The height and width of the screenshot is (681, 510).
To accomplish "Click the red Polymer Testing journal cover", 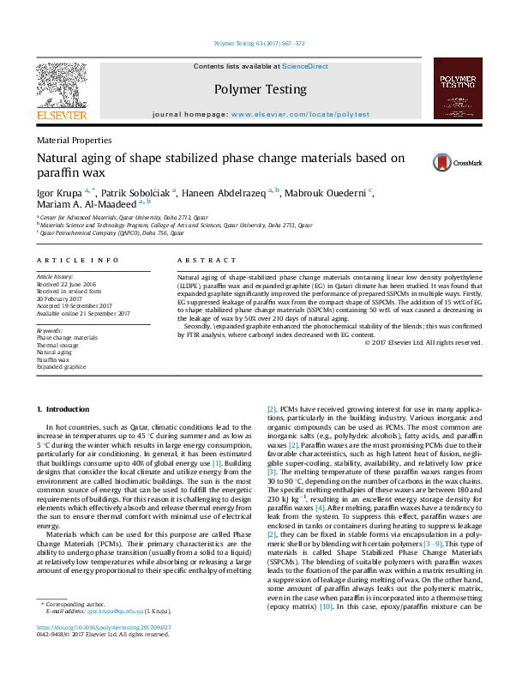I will coord(458,87).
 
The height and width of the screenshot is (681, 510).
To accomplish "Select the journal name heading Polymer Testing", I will coord(260,89).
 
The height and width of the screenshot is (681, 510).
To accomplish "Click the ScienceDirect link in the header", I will coord(306,66).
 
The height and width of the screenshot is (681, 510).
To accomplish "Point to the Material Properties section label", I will coord(74,139).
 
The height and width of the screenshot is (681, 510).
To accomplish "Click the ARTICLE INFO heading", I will coord(78,260).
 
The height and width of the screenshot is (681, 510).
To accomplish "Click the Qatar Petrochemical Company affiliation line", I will coord(111,232).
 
